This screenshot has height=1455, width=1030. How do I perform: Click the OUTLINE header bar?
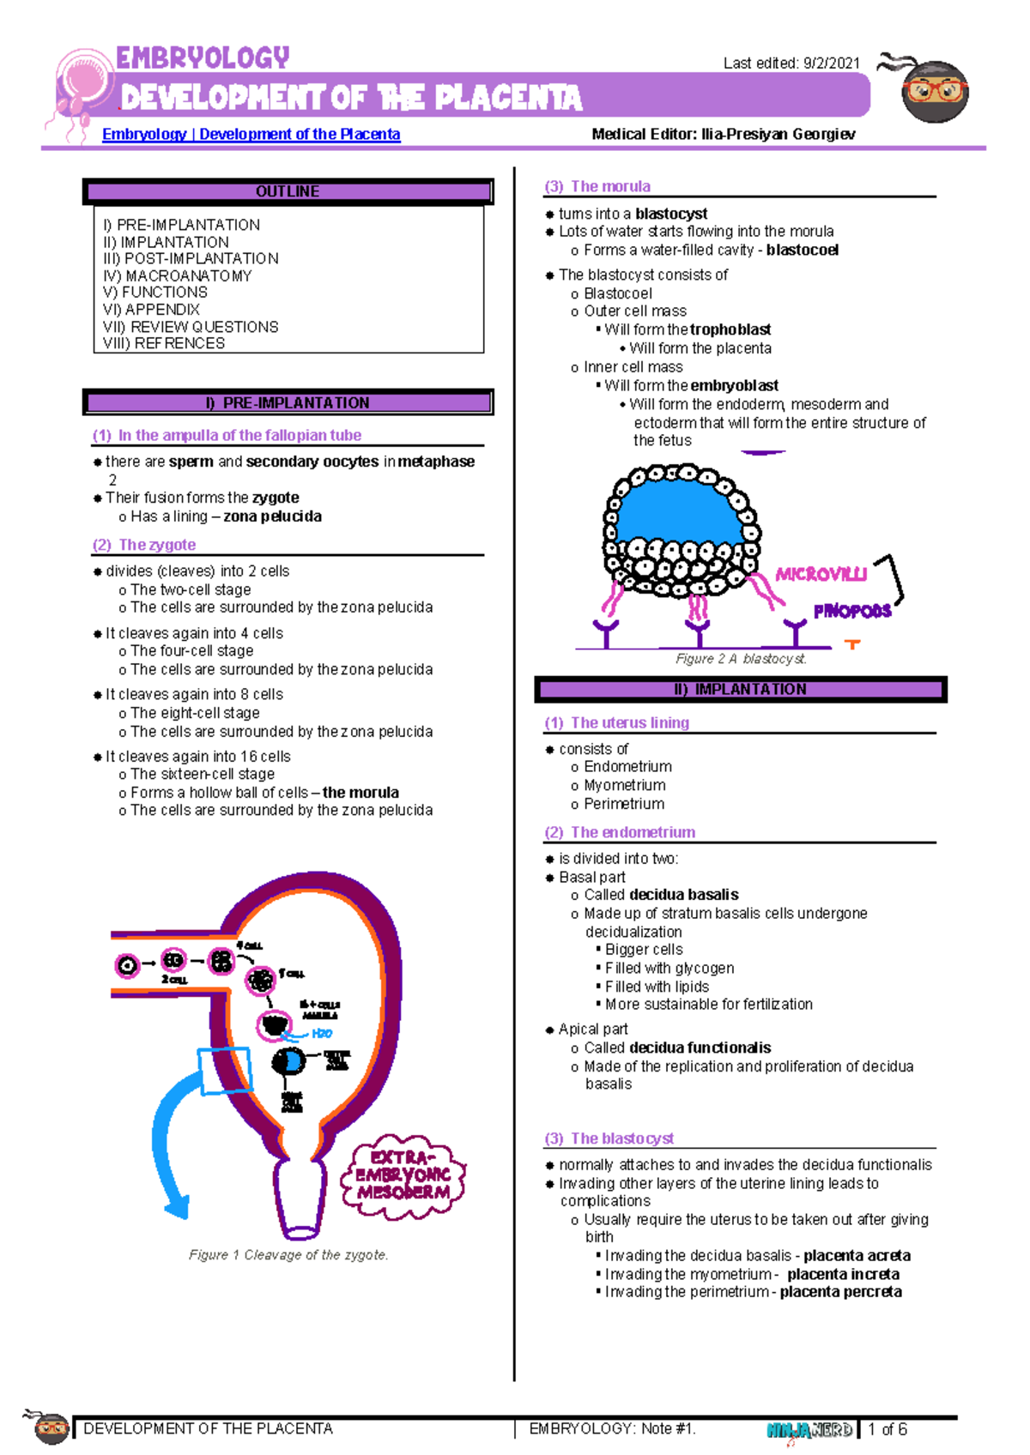tap(288, 191)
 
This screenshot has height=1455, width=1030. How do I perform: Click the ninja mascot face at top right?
tap(935, 90)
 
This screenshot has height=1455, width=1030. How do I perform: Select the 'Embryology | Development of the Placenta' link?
tap(251, 134)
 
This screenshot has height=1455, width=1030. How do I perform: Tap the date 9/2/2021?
tap(831, 63)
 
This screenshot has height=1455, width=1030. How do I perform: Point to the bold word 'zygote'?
tap(276, 498)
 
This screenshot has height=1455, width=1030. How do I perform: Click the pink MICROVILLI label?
tap(821, 575)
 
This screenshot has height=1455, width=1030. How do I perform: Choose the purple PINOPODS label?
tap(851, 612)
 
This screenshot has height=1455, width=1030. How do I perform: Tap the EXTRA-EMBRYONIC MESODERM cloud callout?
tap(403, 1175)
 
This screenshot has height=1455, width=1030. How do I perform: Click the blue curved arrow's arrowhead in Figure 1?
tap(177, 1204)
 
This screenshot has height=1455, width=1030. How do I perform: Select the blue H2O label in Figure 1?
tap(322, 1034)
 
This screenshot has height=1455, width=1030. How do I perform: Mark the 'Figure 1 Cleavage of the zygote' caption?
tap(288, 1255)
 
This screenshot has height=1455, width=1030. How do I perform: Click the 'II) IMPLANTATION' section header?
tap(740, 689)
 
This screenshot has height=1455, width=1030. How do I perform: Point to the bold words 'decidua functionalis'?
tap(700, 1047)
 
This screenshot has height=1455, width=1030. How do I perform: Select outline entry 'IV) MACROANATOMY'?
tap(178, 275)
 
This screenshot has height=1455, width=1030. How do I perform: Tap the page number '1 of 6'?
tap(888, 1429)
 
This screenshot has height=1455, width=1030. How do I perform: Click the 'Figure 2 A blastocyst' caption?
tap(741, 659)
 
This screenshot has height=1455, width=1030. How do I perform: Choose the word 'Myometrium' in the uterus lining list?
tap(624, 785)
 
